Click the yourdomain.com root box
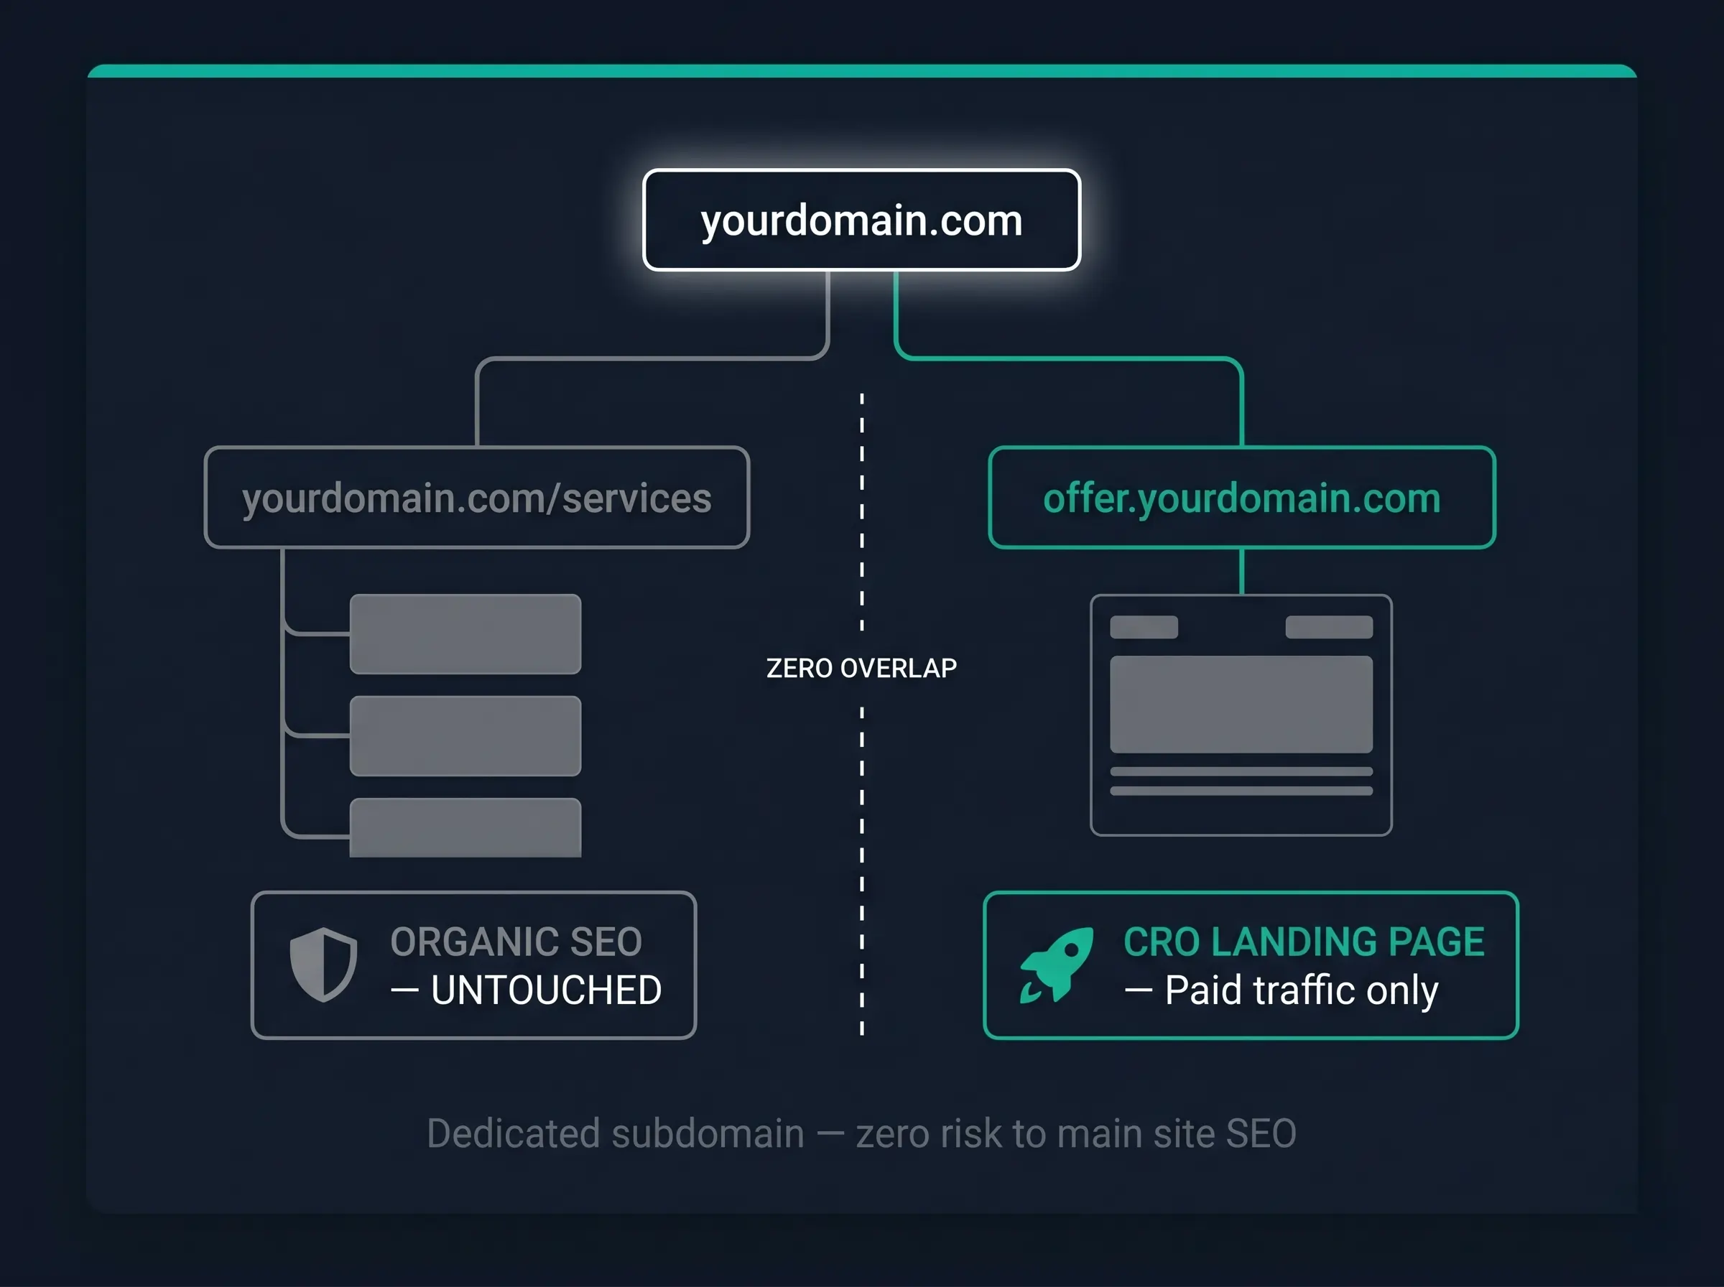(x=861, y=220)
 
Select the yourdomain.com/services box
(x=477, y=497)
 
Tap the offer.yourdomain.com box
(x=1242, y=497)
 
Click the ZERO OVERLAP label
(x=861, y=669)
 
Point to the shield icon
(x=323, y=965)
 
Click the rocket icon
(x=1057, y=965)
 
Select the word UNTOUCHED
(x=546, y=990)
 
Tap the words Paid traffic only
(x=1301, y=990)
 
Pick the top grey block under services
(x=465, y=634)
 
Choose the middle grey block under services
(x=465, y=736)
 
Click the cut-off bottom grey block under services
(x=465, y=827)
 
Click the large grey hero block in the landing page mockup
(x=1241, y=705)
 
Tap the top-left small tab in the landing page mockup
(x=1144, y=627)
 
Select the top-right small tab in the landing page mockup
(x=1329, y=627)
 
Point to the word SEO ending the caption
(x=1261, y=1133)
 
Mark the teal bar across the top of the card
(x=861, y=71)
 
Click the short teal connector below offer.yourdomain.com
(x=1242, y=572)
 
